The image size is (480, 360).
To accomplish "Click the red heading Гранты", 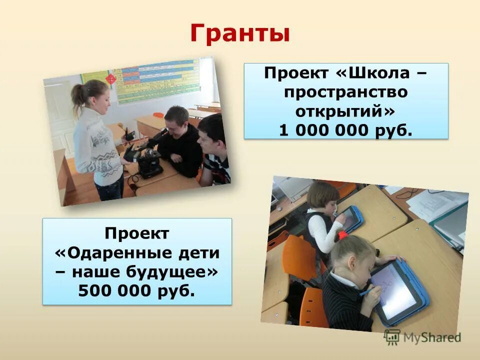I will pyautogui.click(x=240, y=34).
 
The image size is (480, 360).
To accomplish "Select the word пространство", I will pyautogui.click(x=346, y=92).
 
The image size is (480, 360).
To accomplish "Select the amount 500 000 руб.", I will pyautogui.click(x=137, y=291).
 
